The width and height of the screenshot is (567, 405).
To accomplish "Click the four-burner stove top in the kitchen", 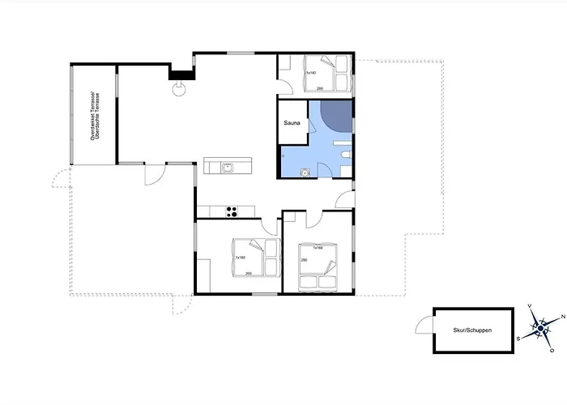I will tap(231, 212).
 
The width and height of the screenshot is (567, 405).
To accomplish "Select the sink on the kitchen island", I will tap(228, 168).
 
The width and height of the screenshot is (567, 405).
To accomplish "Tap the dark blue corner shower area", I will tap(335, 117).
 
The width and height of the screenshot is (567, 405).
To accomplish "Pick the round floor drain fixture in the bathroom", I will tap(304, 171).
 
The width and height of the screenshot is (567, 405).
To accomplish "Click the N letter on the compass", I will tap(563, 318).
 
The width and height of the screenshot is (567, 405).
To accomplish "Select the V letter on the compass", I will tap(530, 305).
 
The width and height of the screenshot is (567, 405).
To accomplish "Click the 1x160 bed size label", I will tap(241, 258).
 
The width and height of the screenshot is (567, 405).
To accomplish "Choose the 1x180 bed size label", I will tap(318, 247).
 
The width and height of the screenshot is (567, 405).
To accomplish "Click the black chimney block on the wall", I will tap(178, 74).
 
